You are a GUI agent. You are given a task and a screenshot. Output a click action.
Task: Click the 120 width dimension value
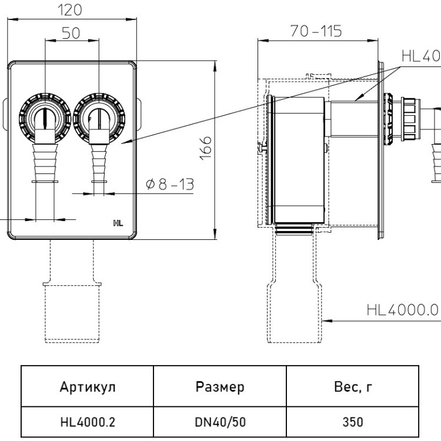point(70,11)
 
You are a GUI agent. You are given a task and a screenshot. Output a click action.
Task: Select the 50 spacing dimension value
point(71,33)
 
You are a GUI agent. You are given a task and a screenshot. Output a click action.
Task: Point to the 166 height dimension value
point(206,148)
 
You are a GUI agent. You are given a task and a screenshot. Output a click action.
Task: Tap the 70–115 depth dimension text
point(316,31)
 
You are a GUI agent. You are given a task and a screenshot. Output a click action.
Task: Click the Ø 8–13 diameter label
point(170,184)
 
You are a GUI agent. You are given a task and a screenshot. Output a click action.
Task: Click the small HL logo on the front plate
point(118,223)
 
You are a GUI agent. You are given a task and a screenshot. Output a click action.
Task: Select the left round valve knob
point(45,118)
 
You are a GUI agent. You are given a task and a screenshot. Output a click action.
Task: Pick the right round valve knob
point(99,118)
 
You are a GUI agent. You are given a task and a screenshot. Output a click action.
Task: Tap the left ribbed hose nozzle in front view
point(45,163)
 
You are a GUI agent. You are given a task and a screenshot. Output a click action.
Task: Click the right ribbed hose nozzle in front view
point(99,163)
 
